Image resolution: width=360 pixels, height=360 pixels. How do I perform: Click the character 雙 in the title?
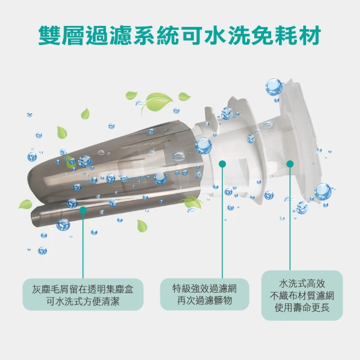[x=49, y=35]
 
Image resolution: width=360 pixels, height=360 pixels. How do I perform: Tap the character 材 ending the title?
[x=310, y=35]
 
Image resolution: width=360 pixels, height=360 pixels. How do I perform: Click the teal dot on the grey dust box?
[x=83, y=210]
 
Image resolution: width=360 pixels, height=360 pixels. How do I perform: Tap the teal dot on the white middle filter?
[x=222, y=164]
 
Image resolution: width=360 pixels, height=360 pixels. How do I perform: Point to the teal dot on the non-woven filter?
[x=290, y=164]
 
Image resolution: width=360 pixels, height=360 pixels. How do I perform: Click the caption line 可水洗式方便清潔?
[x=83, y=301]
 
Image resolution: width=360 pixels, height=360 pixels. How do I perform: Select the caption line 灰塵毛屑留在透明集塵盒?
[x=83, y=289]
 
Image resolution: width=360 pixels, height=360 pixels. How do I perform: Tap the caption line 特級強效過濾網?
[x=205, y=289]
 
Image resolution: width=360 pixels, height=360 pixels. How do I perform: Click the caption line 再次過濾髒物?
[x=205, y=300]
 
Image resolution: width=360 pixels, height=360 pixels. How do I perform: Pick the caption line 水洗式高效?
[x=302, y=283]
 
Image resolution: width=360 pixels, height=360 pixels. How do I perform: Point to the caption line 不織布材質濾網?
[x=302, y=296]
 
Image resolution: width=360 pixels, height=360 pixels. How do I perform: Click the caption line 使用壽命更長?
[x=302, y=308]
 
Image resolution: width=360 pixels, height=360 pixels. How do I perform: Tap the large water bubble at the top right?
[x=274, y=87]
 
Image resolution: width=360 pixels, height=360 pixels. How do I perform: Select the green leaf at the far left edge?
[x=25, y=204]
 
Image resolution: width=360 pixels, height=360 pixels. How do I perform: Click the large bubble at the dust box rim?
[x=204, y=146]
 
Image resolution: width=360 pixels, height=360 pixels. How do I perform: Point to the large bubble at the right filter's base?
[x=323, y=192]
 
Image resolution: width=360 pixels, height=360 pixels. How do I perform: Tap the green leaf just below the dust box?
[x=142, y=226]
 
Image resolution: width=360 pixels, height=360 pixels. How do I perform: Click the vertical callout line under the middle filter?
[x=222, y=221]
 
